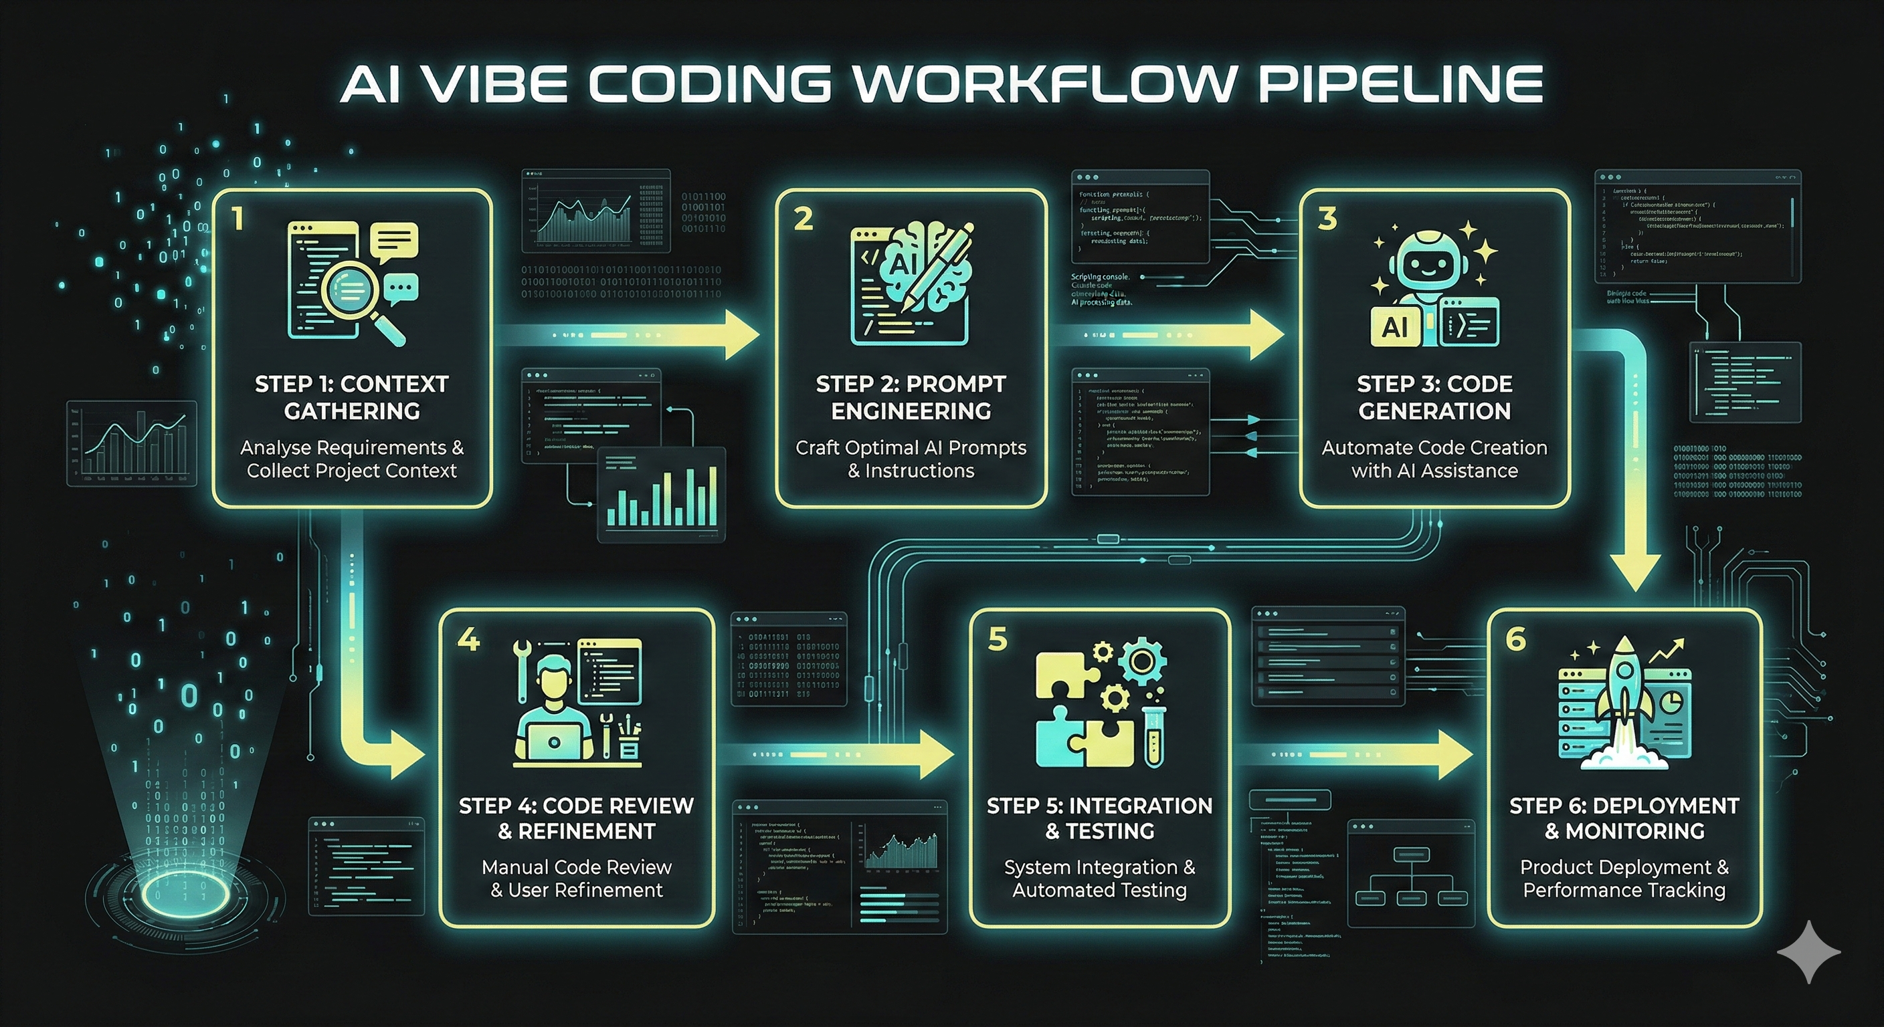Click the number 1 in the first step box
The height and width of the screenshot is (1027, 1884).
tap(237, 219)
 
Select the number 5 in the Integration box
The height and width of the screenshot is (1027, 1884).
tap(997, 638)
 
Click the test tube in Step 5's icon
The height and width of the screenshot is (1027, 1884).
tap(1153, 735)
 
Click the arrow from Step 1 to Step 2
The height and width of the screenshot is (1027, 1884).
tap(629, 335)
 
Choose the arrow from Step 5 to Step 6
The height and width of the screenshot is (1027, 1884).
tap(1360, 754)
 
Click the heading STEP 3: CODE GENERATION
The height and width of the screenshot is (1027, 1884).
tap(1434, 397)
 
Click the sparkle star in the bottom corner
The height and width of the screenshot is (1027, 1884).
tap(1808, 951)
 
